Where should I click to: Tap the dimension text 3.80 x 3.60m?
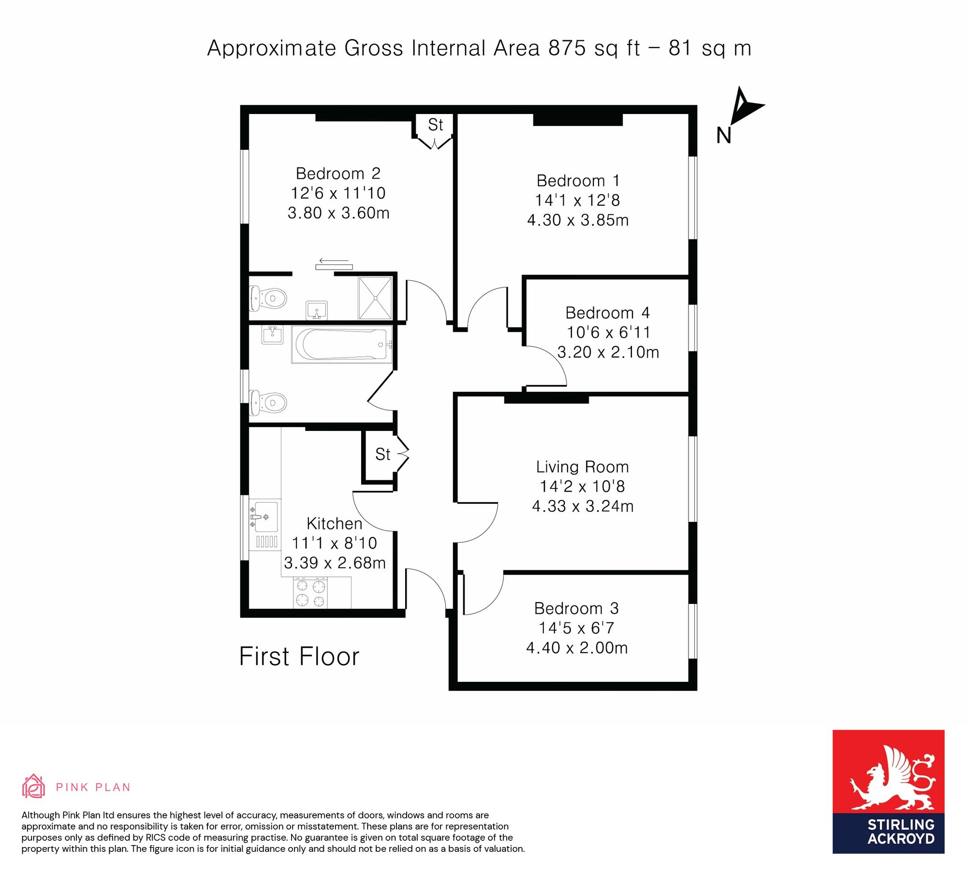pos(338,213)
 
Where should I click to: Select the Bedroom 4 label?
pos(607,313)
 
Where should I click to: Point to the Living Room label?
pos(583,467)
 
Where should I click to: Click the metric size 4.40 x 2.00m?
pos(577,648)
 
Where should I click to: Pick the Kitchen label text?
pos(334,523)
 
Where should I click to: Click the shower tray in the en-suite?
pos(375,298)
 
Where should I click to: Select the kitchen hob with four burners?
pos(310,593)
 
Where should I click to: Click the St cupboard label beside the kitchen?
pos(382,454)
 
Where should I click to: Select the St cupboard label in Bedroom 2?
pos(435,125)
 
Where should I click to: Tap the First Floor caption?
pos(299,657)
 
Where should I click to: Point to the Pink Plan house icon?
pos(33,786)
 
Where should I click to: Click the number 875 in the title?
pos(567,48)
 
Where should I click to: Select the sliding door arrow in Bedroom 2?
pos(334,261)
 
